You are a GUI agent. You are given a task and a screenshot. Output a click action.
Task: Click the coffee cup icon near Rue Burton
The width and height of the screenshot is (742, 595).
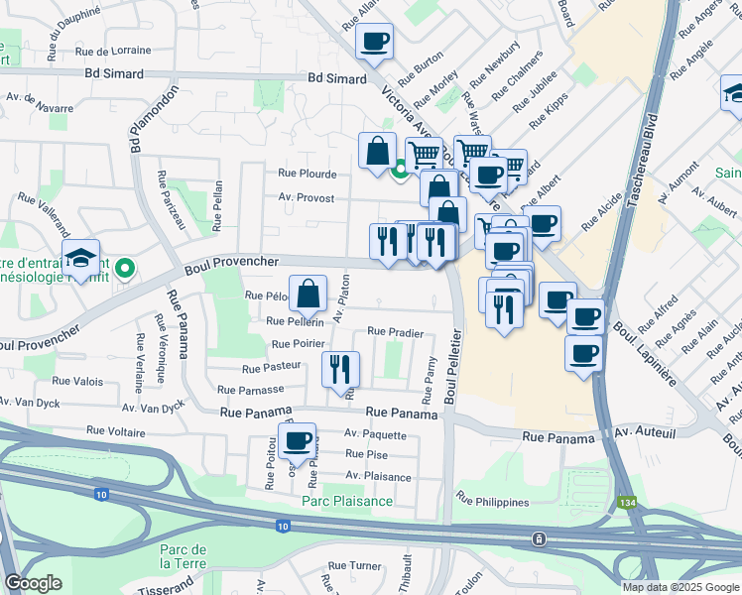click(374, 43)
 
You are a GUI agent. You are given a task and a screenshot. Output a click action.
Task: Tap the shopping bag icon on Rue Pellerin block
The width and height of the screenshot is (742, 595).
click(309, 294)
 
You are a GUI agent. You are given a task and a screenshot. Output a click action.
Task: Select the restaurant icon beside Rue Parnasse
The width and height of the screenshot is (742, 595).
click(340, 369)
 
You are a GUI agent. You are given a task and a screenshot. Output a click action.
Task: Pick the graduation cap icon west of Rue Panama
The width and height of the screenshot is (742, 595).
click(81, 259)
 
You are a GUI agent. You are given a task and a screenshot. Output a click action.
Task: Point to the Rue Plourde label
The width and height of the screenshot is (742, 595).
click(308, 174)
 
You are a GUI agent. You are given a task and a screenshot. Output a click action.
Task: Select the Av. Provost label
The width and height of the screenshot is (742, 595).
click(307, 198)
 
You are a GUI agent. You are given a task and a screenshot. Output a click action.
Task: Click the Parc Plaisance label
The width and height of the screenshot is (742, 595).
click(347, 501)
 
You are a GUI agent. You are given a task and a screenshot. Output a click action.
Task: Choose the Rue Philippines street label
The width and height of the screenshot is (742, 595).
click(492, 502)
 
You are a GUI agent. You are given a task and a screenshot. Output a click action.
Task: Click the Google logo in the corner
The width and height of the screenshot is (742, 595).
click(34, 583)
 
